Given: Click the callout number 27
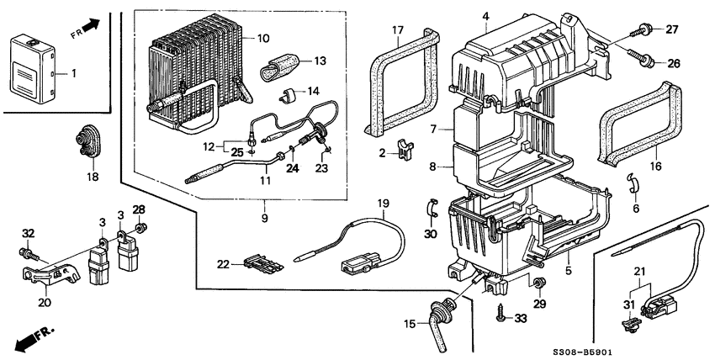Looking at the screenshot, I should point(671,30).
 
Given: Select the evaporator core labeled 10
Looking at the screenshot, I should point(192,80).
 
